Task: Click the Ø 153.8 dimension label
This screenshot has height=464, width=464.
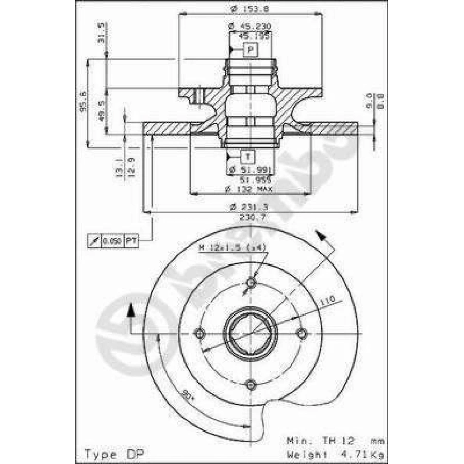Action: pos(250,8)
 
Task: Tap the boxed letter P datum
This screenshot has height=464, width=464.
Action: pos(250,50)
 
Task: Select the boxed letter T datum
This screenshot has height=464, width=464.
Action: pos(247,156)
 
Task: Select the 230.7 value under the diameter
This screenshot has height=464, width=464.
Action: pos(253,217)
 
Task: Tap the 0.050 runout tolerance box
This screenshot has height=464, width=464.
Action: pos(112,241)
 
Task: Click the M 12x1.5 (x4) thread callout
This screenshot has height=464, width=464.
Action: pos(232,248)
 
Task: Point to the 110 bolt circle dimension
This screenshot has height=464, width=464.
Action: pos(328,301)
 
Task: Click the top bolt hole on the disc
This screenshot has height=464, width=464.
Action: pos(251,283)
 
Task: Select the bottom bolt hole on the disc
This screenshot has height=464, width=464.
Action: pos(251,384)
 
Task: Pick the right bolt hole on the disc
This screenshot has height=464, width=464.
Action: pos(301,334)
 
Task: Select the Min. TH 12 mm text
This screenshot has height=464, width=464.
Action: pos(334,441)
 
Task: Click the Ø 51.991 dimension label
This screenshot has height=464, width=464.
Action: pos(251,170)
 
